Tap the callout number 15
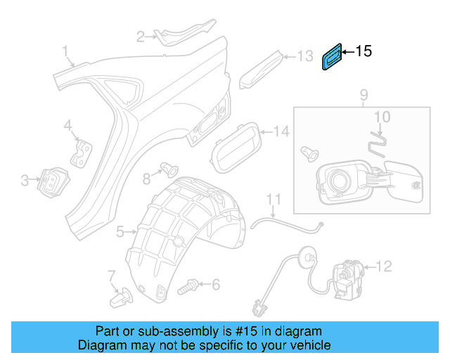click(363, 51)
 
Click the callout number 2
click(141, 36)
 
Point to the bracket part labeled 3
click(51, 181)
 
